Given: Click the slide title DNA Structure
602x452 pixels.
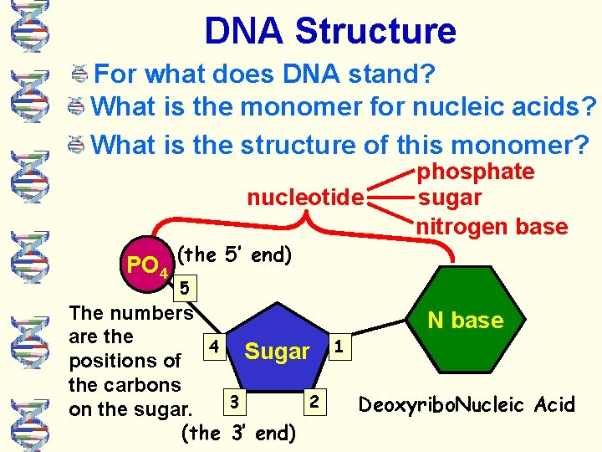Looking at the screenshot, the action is [x=330, y=31].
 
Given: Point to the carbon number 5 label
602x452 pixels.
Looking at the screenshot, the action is [x=185, y=290].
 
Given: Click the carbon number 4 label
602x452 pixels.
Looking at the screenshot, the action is [x=215, y=345].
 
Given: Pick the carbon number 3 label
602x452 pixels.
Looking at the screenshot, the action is [x=236, y=402].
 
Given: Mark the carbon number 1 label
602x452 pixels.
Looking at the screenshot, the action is [x=338, y=345].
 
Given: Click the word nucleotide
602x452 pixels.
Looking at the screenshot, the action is [x=305, y=198].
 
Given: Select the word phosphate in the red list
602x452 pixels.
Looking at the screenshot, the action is [x=476, y=172].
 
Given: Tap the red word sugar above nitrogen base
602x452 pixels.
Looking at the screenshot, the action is [x=449, y=198].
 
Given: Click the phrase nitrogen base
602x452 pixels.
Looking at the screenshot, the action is [x=492, y=226].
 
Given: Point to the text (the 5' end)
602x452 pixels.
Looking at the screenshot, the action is [x=236, y=254].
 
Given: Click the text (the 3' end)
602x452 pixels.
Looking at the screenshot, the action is [x=238, y=433].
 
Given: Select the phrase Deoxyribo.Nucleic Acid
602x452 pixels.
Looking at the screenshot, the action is [x=467, y=405].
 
